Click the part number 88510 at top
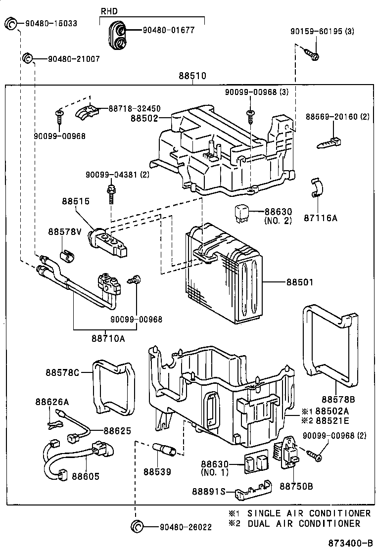point(192,77)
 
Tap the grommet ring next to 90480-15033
point(11,23)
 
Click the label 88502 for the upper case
point(144,119)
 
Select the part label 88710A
point(107,339)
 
